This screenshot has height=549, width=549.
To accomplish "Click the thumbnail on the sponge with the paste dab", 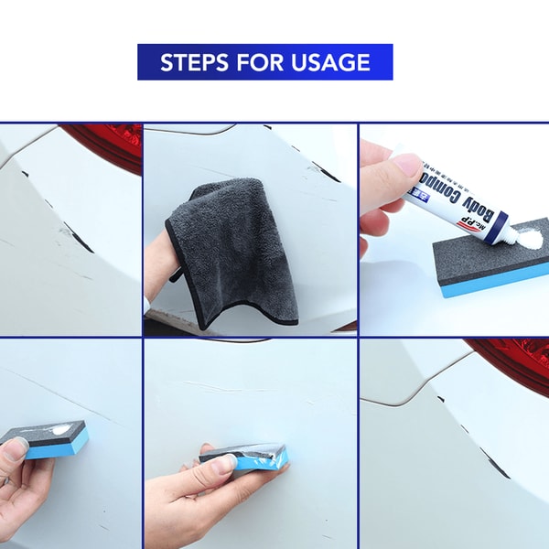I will (17, 445).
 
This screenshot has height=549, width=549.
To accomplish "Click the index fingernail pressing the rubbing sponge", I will (222, 464).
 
